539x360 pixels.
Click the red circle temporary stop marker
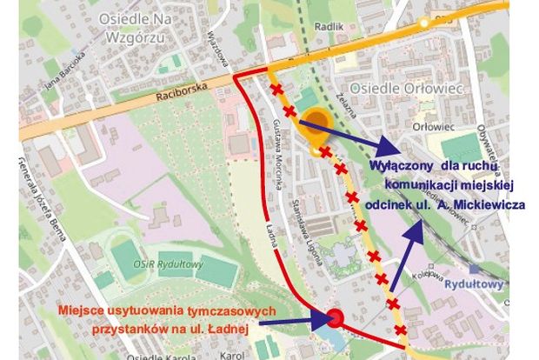point(334,319)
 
